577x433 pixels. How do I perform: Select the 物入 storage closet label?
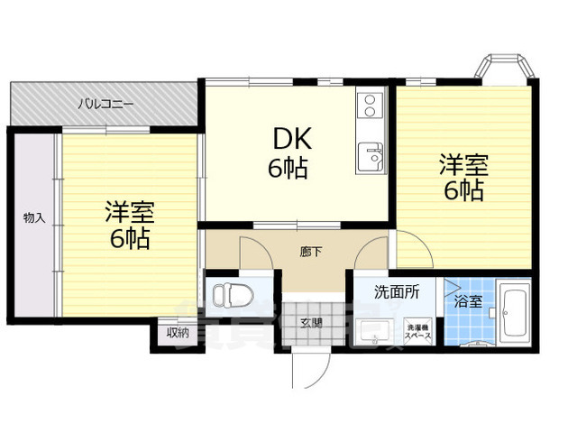pos(33,217)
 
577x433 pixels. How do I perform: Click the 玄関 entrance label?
pos(310,323)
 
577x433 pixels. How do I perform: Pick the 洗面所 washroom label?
pos(398,292)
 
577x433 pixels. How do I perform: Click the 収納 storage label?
pos(178,332)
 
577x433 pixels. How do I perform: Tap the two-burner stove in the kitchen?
pos(369,107)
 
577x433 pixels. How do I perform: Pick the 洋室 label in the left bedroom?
pos(130,214)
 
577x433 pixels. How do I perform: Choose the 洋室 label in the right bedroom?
pos(463,166)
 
